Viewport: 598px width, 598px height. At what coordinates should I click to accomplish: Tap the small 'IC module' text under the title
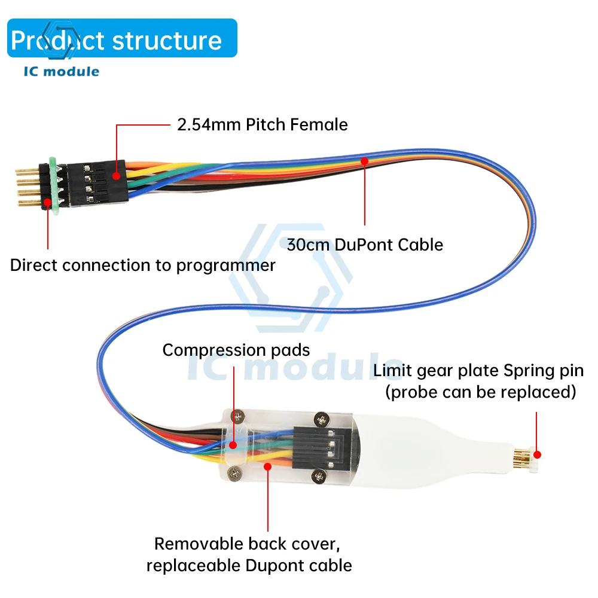click(x=62, y=72)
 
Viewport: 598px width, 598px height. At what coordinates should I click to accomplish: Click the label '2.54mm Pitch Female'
click(x=262, y=124)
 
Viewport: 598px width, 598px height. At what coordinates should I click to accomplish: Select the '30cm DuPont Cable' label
click(x=365, y=245)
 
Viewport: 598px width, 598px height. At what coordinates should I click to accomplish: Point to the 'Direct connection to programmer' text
click(x=143, y=266)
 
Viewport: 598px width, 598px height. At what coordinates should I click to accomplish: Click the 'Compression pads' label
click(x=236, y=350)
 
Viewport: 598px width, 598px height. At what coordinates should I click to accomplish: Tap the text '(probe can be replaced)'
click(x=481, y=392)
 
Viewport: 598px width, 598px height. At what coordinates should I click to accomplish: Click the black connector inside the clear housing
click(x=313, y=447)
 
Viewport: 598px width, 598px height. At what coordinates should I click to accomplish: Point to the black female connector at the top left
click(x=96, y=182)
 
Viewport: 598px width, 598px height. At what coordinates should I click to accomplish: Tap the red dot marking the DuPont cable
click(x=365, y=160)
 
